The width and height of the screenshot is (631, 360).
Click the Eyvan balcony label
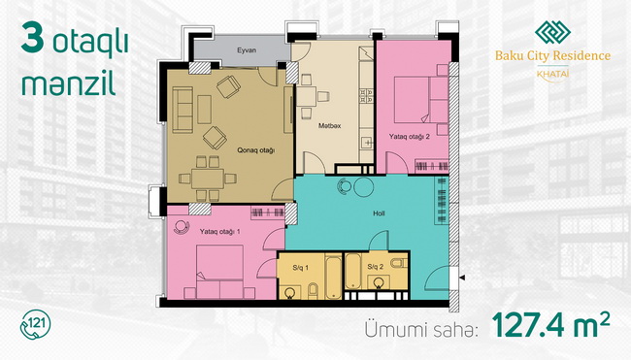247,50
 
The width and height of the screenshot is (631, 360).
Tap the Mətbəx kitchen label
330,126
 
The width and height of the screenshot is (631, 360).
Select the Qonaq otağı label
255,150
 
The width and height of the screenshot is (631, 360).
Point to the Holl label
379,213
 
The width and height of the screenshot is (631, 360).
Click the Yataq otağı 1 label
219,232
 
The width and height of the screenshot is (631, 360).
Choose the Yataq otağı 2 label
409,137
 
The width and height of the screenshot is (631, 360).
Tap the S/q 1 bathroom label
301,268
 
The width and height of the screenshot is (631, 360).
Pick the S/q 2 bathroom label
375,267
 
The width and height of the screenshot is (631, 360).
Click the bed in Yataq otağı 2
421,100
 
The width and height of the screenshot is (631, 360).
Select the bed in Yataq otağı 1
219,272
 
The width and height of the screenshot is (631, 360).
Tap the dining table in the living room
208,179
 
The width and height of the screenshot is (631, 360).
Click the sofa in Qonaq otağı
183,110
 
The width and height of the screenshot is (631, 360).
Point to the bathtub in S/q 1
333,278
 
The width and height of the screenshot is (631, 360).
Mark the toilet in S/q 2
399,263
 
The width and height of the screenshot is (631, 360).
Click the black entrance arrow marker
462,278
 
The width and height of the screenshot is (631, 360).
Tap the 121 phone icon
35,325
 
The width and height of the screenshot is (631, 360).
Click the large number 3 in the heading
33,38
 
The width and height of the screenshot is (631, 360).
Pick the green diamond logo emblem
552,32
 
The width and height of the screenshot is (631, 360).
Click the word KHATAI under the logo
552,74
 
